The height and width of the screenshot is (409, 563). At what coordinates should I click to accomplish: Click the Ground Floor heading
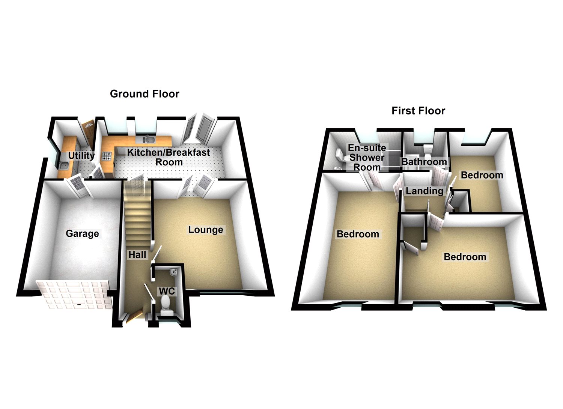pos(145,94)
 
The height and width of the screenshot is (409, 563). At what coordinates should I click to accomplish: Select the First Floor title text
pos(418,111)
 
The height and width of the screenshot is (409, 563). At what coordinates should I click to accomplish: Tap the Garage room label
pos(82,233)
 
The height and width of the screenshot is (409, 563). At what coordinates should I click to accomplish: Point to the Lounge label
pos(206,230)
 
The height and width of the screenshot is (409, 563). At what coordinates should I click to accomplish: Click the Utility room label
pos(81,155)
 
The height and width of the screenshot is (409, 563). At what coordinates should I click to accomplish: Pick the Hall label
pos(137,255)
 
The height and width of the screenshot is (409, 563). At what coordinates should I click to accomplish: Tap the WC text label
pos(167,291)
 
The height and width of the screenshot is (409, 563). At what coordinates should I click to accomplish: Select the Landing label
pos(425,191)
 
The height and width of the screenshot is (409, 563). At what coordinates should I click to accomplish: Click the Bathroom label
pos(424,162)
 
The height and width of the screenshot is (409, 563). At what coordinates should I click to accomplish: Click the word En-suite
pos(367,148)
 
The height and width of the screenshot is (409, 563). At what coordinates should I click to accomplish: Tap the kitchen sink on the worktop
pos(149,140)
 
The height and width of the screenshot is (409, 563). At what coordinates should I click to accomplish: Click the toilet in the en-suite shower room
pos(339,156)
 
